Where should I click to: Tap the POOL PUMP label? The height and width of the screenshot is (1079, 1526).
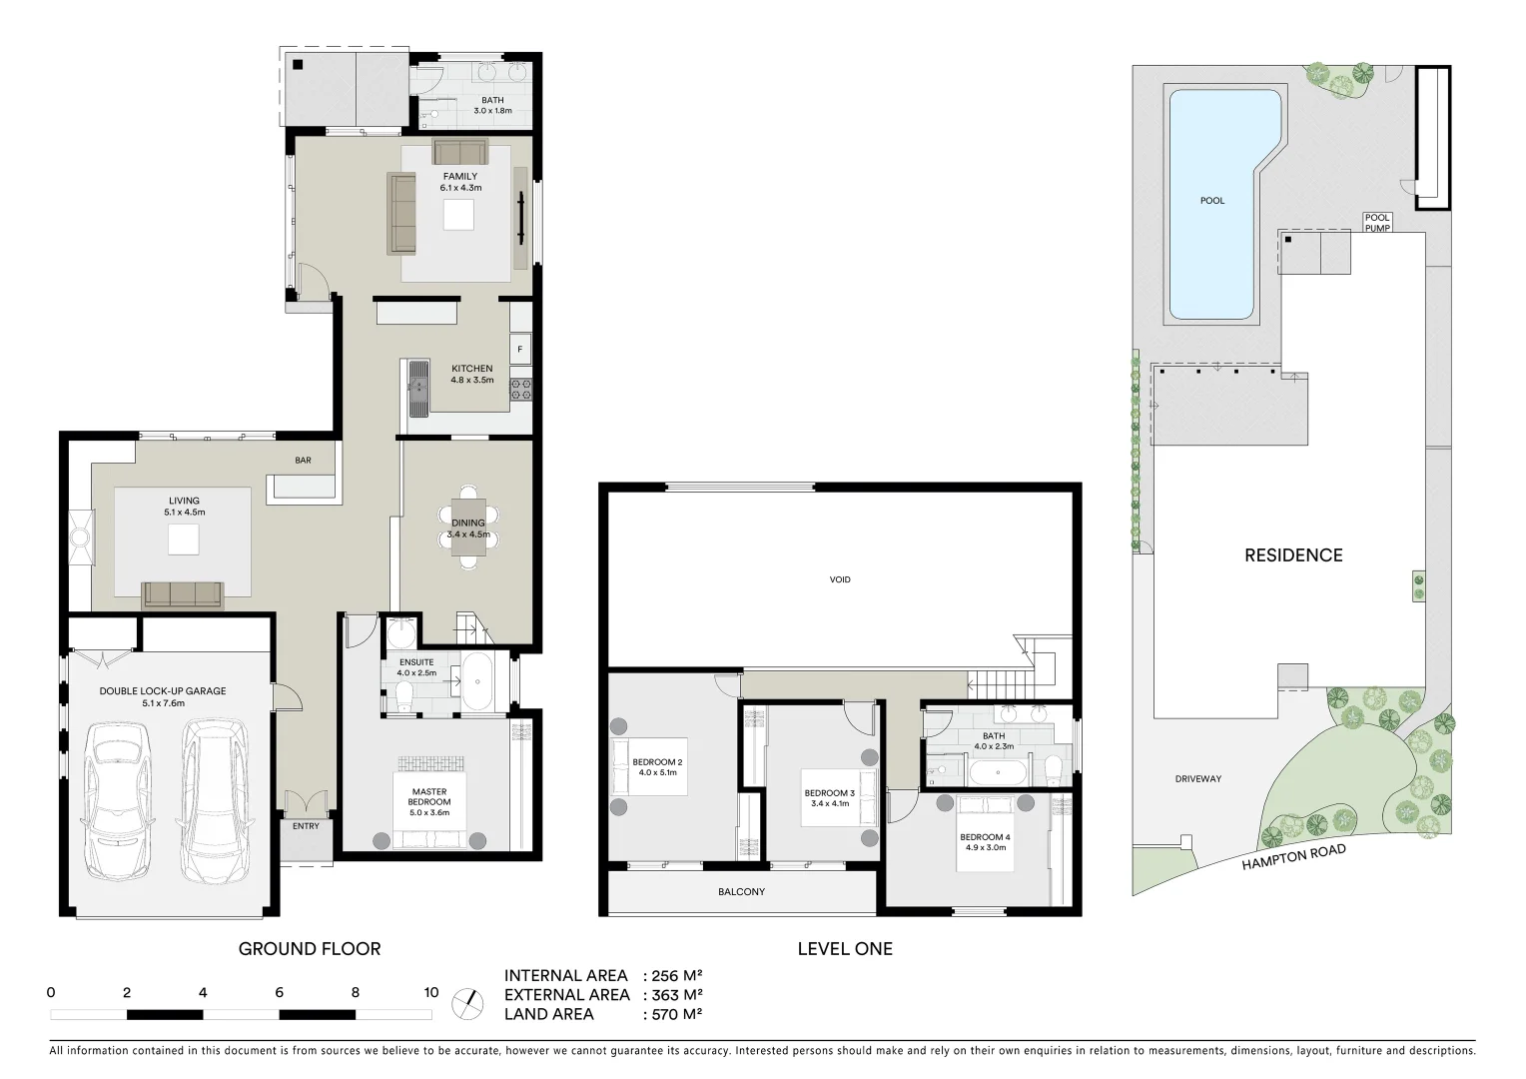(1377, 223)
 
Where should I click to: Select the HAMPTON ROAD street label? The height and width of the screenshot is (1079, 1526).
(1293, 857)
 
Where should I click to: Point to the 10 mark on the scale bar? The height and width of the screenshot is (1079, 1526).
(430, 993)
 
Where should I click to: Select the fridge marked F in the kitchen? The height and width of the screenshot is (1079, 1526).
(520, 349)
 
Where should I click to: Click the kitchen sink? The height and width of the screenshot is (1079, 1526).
(417, 387)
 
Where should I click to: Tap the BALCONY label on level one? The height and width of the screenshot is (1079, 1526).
(741, 891)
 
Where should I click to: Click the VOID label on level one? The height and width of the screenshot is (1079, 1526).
(840, 579)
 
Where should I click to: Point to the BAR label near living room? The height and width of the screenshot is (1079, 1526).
(303, 461)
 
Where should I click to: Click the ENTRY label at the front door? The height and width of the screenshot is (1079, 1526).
(306, 826)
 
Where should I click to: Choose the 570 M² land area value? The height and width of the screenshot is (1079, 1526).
(676, 1014)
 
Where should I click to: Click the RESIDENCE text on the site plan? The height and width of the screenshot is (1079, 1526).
(1293, 555)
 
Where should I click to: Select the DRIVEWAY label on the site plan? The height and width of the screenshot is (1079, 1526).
(1197, 779)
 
